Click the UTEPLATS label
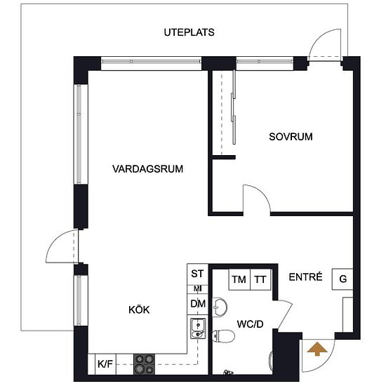click(189, 32)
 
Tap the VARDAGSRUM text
click(147, 169)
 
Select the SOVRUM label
click(291, 137)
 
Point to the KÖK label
click(139, 310)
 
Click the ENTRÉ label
click(305, 277)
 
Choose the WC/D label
click(250, 324)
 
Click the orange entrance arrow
click(317, 349)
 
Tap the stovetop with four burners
click(145, 364)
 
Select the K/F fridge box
click(105, 364)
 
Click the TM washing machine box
click(239, 279)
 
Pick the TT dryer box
click(260, 279)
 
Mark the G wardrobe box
click(342, 279)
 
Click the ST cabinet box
click(198, 274)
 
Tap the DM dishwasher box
click(198, 304)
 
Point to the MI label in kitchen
click(198, 289)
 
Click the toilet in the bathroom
click(223, 336)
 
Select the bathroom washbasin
click(220, 307)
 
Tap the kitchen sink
click(198, 328)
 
